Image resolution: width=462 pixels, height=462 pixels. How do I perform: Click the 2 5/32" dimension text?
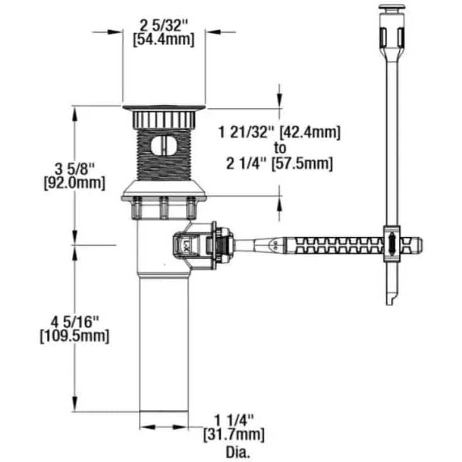[164, 26]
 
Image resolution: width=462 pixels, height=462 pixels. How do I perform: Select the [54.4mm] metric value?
[164, 39]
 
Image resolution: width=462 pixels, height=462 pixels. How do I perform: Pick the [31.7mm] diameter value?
[234, 434]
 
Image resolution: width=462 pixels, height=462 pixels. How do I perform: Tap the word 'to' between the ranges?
[280, 148]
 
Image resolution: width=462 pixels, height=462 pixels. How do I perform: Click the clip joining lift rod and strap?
[391, 243]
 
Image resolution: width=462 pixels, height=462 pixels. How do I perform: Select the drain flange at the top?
[163, 109]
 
